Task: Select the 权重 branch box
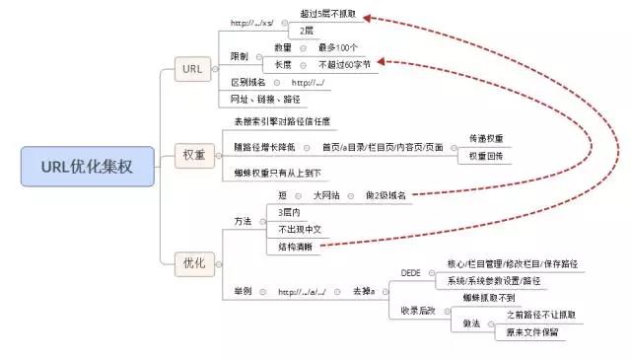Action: [194, 154]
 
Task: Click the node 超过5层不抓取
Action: [329, 16]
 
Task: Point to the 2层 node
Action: [309, 31]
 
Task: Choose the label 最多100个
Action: [338, 47]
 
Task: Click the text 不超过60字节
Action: [344, 64]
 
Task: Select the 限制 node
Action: [241, 55]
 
